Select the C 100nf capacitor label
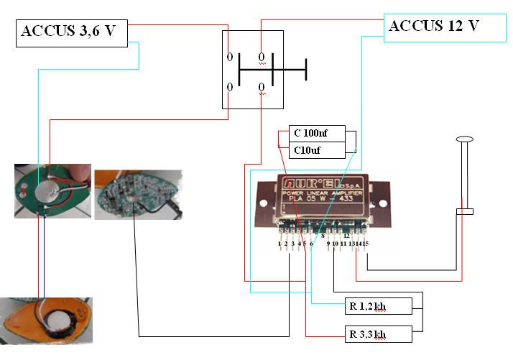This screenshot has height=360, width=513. pyautogui.click(x=318, y=134)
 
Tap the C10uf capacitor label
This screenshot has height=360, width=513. pyautogui.click(x=318, y=150)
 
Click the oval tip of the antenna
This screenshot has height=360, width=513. pyautogui.click(x=464, y=139)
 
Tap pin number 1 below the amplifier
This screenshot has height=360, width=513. pyautogui.click(x=279, y=245)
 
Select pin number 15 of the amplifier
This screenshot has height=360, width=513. pyautogui.click(x=366, y=245)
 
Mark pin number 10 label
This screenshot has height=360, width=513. pyautogui.click(x=335, y=245)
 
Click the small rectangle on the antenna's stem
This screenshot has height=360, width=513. pyautogui.click(x=464, y=211)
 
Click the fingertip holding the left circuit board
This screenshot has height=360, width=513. pyautogui.click(x=80, y=171)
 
